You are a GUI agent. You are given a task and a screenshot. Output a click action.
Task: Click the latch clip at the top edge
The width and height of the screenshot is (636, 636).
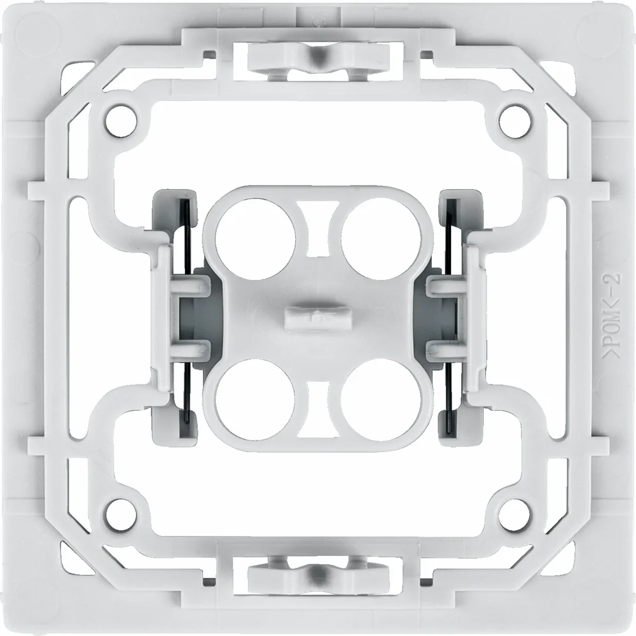pyautogui.click(x=316, y=60)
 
